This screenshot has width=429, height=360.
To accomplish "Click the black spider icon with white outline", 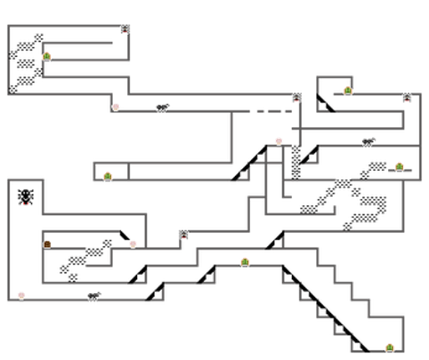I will [x=27, y=197].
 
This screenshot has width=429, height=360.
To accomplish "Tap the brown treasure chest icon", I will [x=48, y=244].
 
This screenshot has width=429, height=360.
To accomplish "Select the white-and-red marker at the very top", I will [x=125, y=29].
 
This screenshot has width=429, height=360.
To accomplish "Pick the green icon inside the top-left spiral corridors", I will [x=48, y=57].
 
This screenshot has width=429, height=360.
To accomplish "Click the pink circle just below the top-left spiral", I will [x=116, y=106].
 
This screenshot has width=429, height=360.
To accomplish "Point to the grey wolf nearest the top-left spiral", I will [x=162, y=106].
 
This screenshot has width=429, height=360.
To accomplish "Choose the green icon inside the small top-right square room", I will [x=347, y=90].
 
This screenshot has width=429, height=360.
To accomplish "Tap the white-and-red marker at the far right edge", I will [x=406, y=97].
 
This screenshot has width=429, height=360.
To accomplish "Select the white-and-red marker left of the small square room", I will [x=297, y=97].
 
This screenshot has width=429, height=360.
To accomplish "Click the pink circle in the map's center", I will [x=278, y=141].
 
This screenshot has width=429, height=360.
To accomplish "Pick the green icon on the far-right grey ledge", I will [x=400, y=167].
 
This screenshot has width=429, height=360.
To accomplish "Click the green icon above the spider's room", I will [x=108, y=176].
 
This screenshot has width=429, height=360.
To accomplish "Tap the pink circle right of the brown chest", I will [x=133, y=244].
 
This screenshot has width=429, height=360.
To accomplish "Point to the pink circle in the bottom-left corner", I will [x=22, y=294].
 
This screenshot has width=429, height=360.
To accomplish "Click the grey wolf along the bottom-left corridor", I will [x=94, y=295].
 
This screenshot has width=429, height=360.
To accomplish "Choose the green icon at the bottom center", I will [x=245, y=262].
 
